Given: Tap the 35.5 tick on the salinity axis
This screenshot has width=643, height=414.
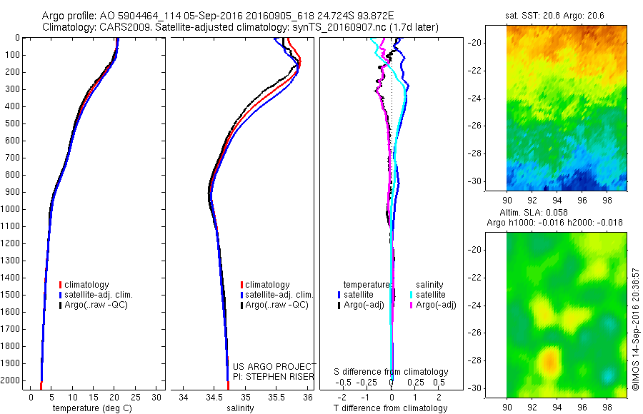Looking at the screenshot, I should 276,396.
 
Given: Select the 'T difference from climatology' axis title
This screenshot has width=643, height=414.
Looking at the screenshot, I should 391,408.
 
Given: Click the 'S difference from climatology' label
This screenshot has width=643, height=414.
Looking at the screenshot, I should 391,372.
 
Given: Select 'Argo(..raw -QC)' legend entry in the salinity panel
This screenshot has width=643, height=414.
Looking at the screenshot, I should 276,305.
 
